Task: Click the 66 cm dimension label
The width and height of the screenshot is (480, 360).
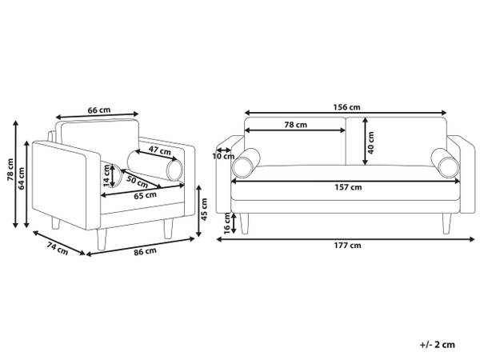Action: tap(99, 110)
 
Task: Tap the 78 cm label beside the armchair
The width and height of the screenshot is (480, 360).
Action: tap(10, 170)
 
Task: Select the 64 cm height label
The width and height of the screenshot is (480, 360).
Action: tap(22, 178)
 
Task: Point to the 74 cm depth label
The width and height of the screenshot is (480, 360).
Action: tap(58, 248)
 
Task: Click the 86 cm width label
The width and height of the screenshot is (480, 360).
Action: tap(145, 252)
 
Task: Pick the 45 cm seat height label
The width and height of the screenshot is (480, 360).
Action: tap(204, 209)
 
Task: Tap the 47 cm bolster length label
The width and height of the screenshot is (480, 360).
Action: tap(160, 150)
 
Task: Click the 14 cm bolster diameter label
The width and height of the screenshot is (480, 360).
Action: tap(106, 176)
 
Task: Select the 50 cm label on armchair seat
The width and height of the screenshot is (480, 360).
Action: tap(137, 182)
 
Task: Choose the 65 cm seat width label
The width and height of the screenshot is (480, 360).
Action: tap(145, 195)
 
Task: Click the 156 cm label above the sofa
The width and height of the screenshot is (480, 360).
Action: tap(346, 107)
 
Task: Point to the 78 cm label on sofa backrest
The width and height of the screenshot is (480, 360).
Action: tap(295, 125)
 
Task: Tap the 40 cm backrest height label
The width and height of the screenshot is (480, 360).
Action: tap(370, 142)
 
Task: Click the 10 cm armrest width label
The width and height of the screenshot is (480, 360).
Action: tap(223, 157)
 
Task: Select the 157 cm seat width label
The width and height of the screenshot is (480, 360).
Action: tap(348, 187)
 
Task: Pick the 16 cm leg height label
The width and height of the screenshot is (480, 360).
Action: tap(227, 224)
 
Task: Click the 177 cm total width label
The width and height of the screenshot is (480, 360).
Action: tap(347, 246)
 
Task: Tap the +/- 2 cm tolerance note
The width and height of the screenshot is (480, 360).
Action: tap(437, 345)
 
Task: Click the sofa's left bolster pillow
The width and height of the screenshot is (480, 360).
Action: tap(246, 163)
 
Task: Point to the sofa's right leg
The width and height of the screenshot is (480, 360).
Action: tap(446, 224)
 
